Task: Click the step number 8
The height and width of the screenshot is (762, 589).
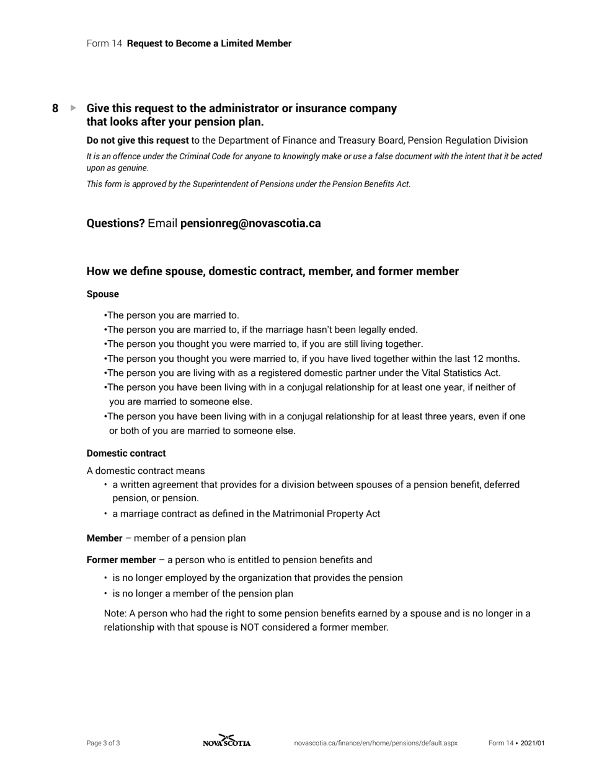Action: pos(55,108)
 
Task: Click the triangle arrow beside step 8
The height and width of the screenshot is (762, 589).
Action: pos(74,108)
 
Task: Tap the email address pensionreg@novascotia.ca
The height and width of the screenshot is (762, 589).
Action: pos(250,224)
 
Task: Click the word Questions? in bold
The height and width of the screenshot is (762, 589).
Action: pos(115,224)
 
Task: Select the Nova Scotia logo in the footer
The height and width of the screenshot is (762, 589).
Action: pos(227,742)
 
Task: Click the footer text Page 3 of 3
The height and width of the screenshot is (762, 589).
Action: pos(104,743)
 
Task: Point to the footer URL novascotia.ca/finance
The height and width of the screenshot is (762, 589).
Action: pos(376,743)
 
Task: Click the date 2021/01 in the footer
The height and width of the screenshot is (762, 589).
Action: pos(533,743)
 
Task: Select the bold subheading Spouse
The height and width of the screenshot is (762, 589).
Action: pos(103,294)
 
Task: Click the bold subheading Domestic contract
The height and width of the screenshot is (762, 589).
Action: pos(126,453)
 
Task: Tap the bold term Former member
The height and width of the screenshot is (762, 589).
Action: pos(121,560)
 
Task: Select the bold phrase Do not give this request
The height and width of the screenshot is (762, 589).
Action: pos(138,141)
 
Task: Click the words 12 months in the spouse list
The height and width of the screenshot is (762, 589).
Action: pos(498,359)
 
